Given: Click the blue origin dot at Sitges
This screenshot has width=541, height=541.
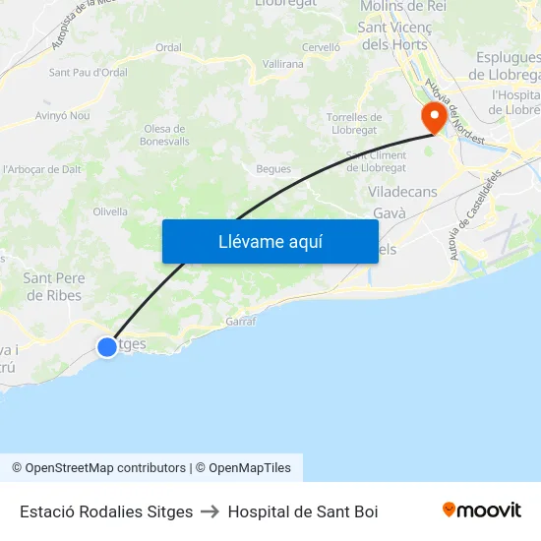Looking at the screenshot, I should click(107, 346).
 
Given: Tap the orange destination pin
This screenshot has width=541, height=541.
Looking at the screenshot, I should click(433, 119).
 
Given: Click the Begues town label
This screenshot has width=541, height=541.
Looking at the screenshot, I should click(273, 169).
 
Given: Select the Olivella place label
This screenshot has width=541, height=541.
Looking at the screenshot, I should click(110, 211).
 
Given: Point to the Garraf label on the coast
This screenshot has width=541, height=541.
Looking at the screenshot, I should click(241, 322).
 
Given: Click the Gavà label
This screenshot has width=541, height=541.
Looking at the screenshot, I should click(391, 213).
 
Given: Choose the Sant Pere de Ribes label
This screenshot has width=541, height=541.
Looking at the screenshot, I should click(54, 286).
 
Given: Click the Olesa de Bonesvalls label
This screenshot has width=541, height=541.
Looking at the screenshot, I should click(164, 135).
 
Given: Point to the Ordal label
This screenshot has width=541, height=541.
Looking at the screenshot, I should click(168, 47).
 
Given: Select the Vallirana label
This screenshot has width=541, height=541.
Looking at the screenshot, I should click(283, 63).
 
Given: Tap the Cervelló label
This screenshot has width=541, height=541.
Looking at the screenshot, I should click(321, 47).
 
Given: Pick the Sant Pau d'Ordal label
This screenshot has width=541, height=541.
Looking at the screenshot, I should click(89, 72).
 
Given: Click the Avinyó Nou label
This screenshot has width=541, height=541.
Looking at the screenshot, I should click(63, 115).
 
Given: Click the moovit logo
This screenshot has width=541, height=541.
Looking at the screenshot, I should click(482, 511).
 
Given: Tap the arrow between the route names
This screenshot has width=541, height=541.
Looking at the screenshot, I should click(210, 511).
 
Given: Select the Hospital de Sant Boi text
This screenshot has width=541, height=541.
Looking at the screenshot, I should click(303, 511).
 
